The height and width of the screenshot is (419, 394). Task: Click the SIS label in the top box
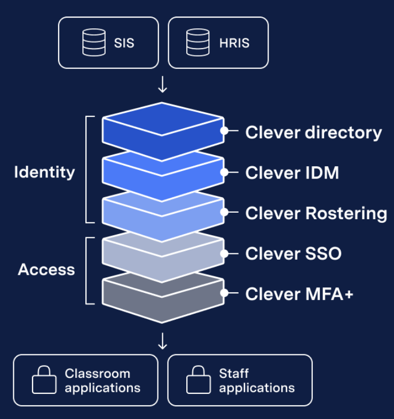pyautogui.click(x=124, y=43)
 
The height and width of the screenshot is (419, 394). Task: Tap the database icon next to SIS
pyautogui.click(x=94, y=43)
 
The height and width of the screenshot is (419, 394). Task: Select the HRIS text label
pyautogui.click(x=234, y=43)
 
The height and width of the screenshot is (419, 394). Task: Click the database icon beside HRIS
pyautogui.click(x=198, y=43)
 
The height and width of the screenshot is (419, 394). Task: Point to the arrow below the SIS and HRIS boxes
pyautogui.click(x=163, y=85)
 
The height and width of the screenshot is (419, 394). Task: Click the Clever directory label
pyautogui.click(x=313, y=133)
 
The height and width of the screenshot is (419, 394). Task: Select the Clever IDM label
pyautogui.click(x=292, y=173)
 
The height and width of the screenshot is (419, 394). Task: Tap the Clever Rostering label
pyautogui.click(x=316, y=213)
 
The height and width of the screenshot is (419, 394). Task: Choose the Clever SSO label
pyautogui.click(x=293, y=253)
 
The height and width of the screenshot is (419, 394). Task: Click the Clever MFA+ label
pyautogui.click(x=299, y=294)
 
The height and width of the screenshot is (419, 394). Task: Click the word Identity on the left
pyautogui.click(x=44, y=172)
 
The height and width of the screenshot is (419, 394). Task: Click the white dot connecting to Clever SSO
pyautogui.click(x=225, y=253)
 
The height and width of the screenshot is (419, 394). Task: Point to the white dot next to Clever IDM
pyautogui.click(x=225, y=172)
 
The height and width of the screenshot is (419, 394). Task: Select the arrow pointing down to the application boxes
pyautogui.click(x=163, y=341)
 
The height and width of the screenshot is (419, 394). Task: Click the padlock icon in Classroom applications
pyautogui.click(x=44, y=380)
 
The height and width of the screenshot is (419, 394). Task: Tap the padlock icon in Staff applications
pyautogui.click(x=198, y=380)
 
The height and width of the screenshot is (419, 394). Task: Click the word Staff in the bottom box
pyautogui.click(x=233, y=374)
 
